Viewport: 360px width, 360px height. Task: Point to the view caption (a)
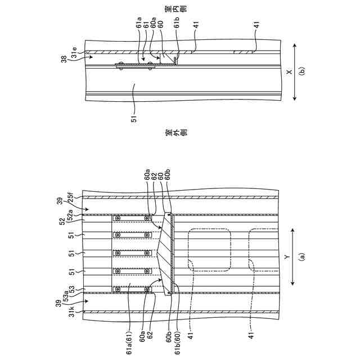(x=301, y=256)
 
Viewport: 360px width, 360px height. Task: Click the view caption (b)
(x=301, y=73)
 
